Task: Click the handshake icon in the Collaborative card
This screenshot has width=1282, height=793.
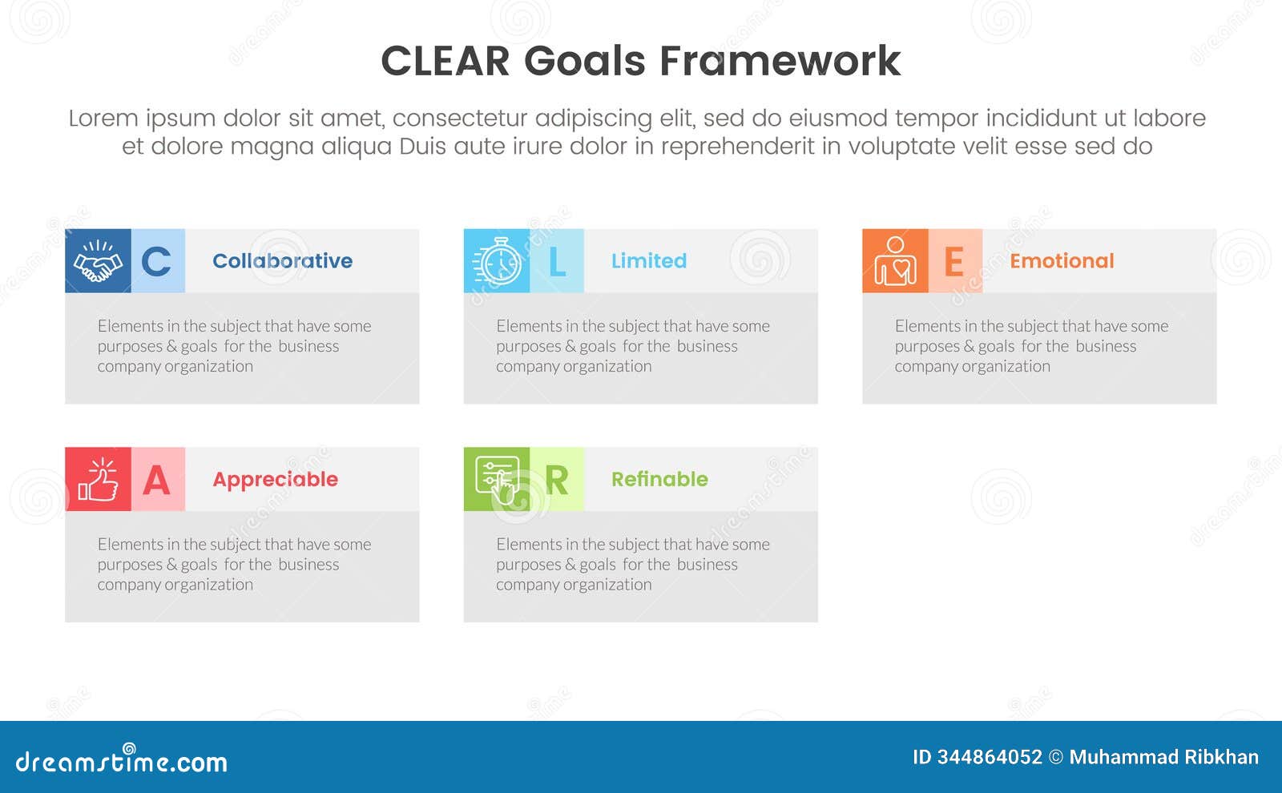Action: click(98, 261)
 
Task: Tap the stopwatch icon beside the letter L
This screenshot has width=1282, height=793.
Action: click(497, 261)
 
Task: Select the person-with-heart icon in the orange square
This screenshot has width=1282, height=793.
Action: click(895, 261)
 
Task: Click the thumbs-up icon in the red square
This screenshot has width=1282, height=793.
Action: click(98, 479)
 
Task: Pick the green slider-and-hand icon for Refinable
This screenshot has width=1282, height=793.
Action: click(497, 479)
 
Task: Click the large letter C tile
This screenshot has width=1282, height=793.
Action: click(157, 261)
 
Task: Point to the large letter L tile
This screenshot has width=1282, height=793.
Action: click(557, 261)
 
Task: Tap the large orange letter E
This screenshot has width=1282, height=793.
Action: click(954, 261)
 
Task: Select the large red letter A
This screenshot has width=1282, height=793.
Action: click(157, 480)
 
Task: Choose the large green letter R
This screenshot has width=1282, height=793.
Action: click(557, 480)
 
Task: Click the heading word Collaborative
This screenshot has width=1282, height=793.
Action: click(282, 261)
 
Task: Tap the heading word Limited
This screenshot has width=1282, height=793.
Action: click(649, 261)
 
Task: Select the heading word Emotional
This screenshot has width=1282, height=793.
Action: click(1062, 261)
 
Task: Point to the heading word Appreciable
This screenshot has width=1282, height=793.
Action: click(275, 480)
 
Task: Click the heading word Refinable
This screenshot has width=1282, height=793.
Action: click(659, 479)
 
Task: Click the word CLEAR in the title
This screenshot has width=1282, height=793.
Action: click(445, 62)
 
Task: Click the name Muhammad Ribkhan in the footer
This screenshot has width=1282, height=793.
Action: click(1163, 757)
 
